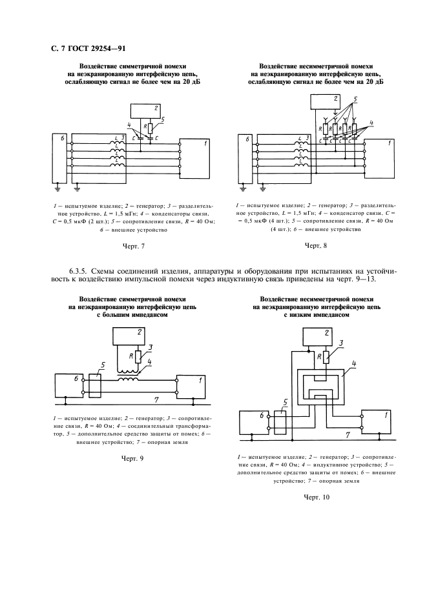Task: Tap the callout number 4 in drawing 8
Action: [371, 122]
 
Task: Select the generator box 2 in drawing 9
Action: [132, 337]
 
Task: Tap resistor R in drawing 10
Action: [327, 357]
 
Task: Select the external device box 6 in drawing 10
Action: [254, 423]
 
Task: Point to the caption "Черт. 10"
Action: [317, 497]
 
